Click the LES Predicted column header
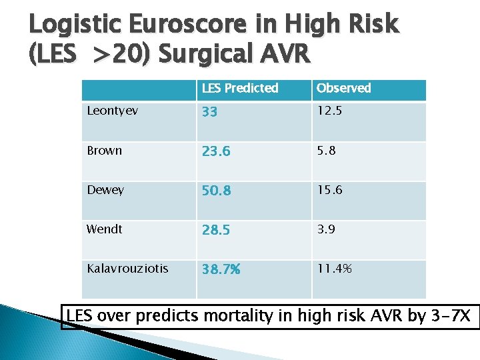(241, 89)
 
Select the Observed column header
(343, 89)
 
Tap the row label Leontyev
(113, 111)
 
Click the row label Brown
(105, 151)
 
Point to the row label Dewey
(106, 190)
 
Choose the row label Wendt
(105, 229)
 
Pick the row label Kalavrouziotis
(128, 269)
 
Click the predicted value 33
(209, 113)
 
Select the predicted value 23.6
(216, 152)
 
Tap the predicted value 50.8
(217, 191)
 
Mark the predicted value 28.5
(217, 231)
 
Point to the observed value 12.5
(329, 111)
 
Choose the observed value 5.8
(326, 151)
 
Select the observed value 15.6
(329, 190)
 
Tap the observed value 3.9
(326, 229)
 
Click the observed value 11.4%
(333, 269)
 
